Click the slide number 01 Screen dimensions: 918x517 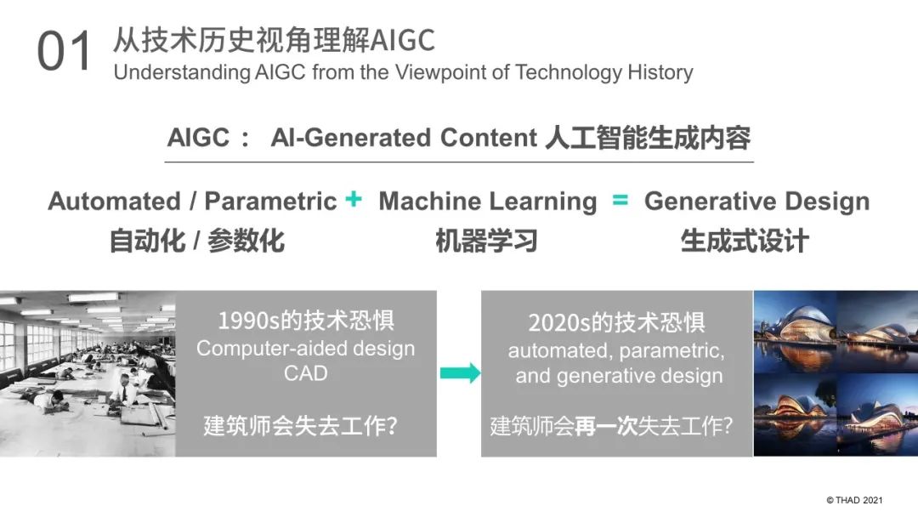point(65,52)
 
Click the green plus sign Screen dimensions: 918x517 point(354,199)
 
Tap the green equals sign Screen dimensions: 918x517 point(620,200)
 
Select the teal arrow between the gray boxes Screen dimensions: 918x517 point(460,373)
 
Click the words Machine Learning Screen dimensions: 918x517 point(488,201)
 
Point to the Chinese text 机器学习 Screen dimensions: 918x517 point(486,241)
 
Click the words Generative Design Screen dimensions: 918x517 point(757,201)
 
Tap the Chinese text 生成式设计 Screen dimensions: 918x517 point(745,241)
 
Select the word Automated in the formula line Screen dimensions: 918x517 point(115,201)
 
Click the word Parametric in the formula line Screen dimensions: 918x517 point(270,201)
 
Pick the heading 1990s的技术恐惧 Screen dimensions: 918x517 point(306,321)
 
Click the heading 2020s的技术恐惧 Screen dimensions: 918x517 point(616,322)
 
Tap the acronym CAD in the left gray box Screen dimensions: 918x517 point(306,373)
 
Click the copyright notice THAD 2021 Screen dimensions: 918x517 point(854,500)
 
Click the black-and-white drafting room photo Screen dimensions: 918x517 point(88,373)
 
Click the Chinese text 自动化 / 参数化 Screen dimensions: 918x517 point(196,241)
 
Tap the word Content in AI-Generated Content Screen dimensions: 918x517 point(488,138)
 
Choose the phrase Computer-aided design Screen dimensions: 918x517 point(306,349)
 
